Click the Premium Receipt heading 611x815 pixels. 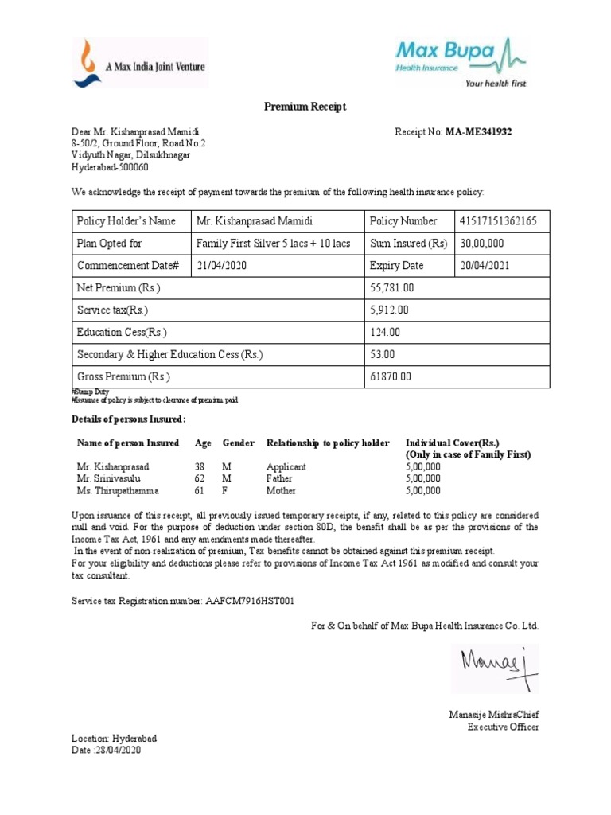tap(305, 107)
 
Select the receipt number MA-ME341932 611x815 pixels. tap(478, 131)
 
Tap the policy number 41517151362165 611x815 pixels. tap(496, 221)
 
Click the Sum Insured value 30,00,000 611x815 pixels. tap(482, 244)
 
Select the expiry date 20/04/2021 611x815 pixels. tap(485, 266)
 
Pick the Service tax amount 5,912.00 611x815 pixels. tap(388, 310)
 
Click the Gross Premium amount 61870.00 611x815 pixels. tap(389, 376)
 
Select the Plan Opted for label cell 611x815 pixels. tap(109, 244)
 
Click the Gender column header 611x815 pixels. tap(238, 443)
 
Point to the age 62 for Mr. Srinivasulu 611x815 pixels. tap(200, 478)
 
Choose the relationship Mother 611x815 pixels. tap(280, 491)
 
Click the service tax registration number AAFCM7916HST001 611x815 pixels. tap(254, 600)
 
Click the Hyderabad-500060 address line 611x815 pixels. tap(110, 167)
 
